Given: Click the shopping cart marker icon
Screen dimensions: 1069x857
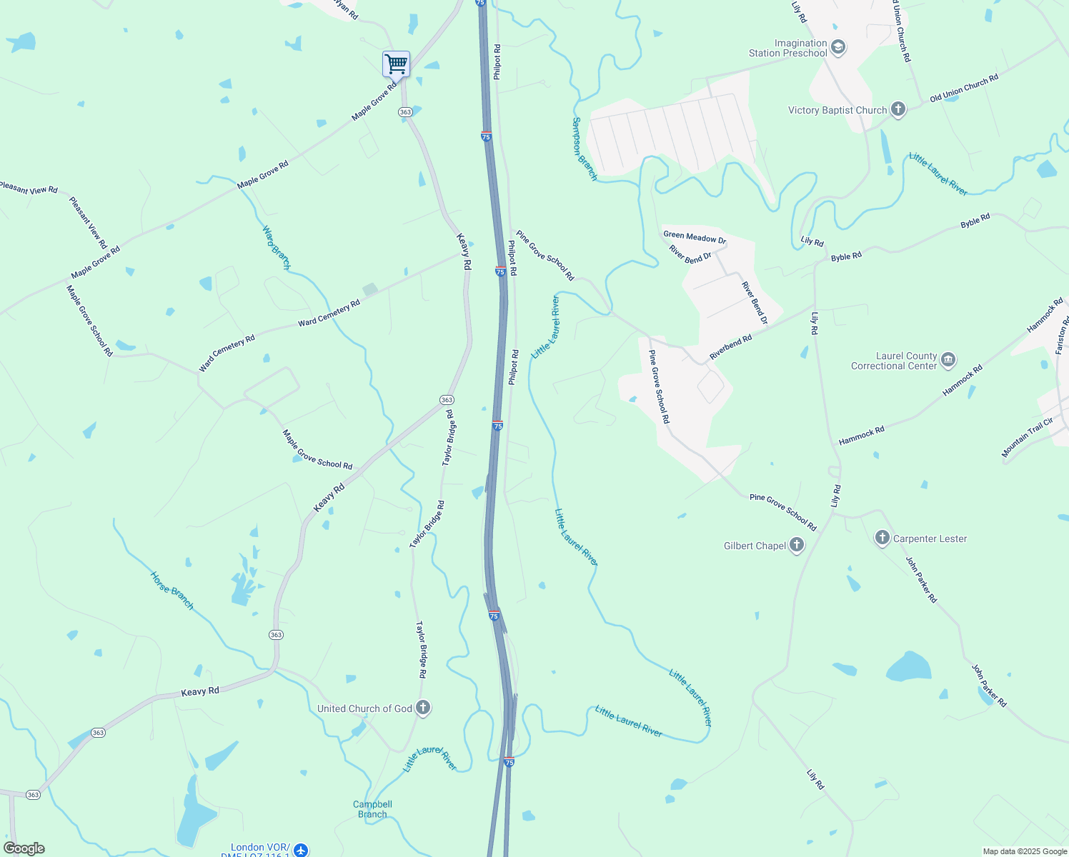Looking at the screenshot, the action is (396, 64).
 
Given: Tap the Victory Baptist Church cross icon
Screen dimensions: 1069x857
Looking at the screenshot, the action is (898, 110).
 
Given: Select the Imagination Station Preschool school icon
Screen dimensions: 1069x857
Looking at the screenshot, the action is (838, 48).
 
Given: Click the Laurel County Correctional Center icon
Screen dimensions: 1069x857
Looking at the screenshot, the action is (948, 360).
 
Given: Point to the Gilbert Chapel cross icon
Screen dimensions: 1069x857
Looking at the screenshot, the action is (796, 546).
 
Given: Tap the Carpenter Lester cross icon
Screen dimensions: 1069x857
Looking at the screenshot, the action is (882, 538).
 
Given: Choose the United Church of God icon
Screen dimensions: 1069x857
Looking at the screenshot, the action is (423, 708).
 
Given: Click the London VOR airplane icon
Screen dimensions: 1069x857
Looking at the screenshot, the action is (301, 850).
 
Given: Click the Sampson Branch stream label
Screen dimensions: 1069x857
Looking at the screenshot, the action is (584, 149).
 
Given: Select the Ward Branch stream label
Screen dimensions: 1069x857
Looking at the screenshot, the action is (276, 247).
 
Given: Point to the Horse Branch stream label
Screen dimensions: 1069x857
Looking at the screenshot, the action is (171, 591).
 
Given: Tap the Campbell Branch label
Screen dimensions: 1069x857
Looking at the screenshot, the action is (372, 809).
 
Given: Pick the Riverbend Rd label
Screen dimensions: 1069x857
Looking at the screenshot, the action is (730, 348).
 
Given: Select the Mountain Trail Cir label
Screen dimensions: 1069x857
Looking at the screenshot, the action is (1027, 437).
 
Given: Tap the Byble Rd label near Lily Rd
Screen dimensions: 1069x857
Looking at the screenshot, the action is (846, 256).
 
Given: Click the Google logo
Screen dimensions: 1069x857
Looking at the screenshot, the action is (24, 848).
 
